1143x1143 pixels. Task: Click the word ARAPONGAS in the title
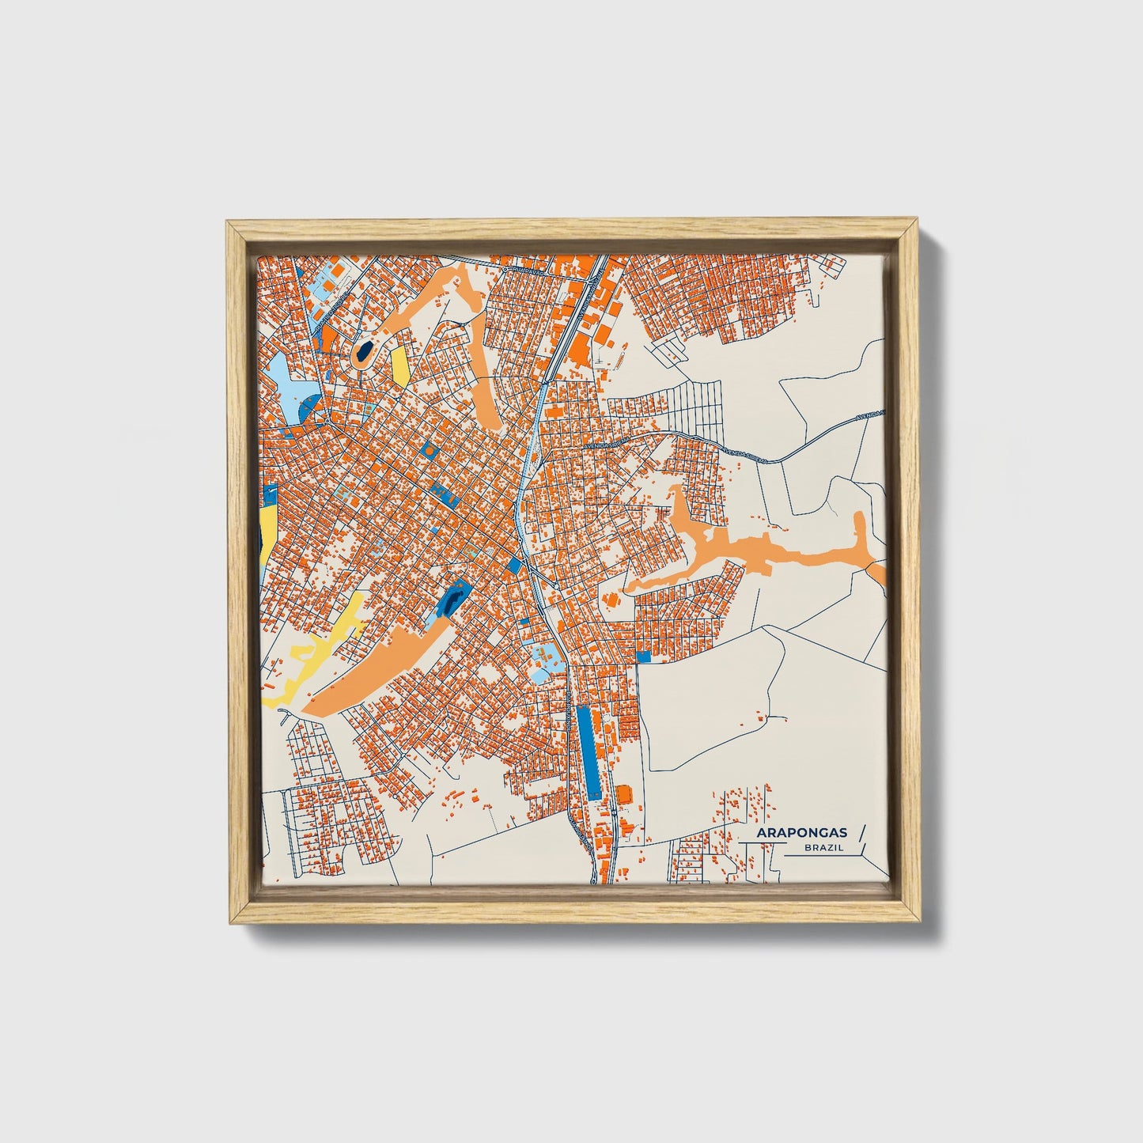point(801,832)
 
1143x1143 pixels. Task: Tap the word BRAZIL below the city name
point(822,847)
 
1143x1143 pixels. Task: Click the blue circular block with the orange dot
point(429,449)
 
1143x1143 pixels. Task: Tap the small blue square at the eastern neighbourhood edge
point(642,656)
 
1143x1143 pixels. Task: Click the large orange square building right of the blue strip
point(625,793)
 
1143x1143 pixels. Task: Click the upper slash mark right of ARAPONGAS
point(861,832)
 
